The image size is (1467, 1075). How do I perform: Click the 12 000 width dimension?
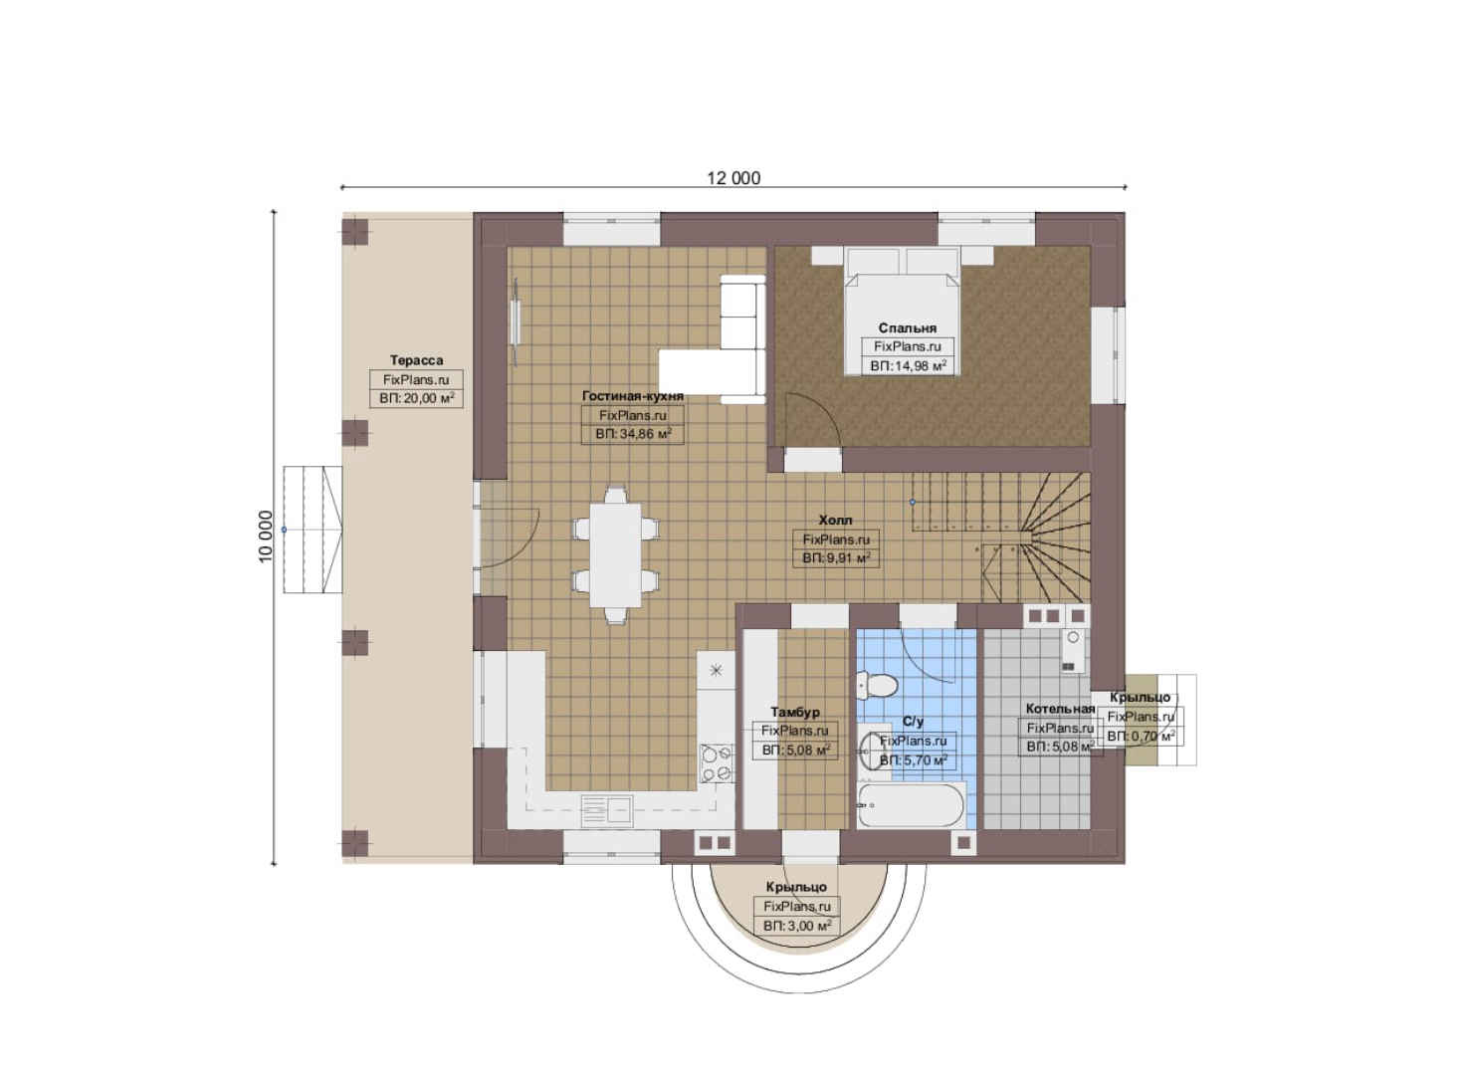(733, 178)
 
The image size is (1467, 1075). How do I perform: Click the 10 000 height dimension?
(266, 536)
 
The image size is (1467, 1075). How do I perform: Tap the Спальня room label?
(907, 328)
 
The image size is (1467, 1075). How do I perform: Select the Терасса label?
(417, 360)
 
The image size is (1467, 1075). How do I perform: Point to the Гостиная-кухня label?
(633, 396)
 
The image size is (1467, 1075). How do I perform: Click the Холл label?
(836, 521)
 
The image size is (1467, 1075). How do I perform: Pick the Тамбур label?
(795, 712)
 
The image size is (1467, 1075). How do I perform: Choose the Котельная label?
(1060, 709)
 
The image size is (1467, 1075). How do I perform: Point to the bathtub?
(911, 805)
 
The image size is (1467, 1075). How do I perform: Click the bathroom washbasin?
(873, 751)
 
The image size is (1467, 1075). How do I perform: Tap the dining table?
(616, 554)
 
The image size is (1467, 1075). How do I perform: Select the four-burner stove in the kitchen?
(716, 763)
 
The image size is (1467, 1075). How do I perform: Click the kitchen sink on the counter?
(607, 809)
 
